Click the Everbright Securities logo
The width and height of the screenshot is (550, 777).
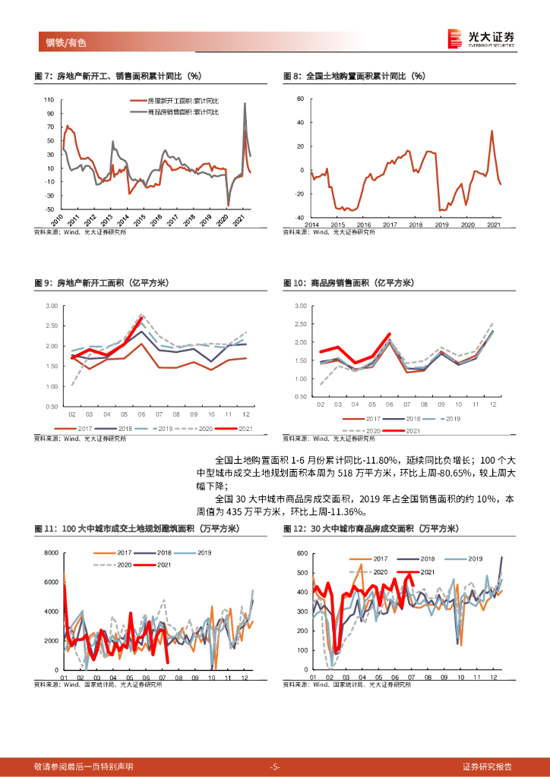480,38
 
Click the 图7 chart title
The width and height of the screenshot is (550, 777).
118,76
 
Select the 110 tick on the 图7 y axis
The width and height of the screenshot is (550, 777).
48,100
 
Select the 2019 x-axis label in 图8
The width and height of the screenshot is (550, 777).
441,225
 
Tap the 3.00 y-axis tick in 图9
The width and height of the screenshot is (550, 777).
52,306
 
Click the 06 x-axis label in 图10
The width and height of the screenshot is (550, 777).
389,405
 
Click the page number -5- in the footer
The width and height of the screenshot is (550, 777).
275,766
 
